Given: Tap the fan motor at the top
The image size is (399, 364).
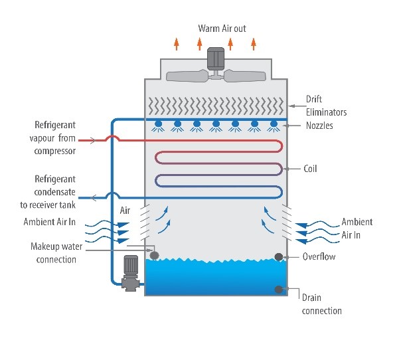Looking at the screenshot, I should pos(216,58).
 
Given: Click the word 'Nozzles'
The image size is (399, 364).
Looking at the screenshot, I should pos(321,125).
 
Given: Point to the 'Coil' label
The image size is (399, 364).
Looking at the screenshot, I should pos(309,169).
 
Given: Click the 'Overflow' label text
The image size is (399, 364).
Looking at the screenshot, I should pos(320,256).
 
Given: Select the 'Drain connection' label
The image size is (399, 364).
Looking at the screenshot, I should pos(321,305).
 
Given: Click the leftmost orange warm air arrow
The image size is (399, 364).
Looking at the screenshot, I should pos(176,44).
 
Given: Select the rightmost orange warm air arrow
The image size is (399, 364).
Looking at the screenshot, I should pos(253,44).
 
